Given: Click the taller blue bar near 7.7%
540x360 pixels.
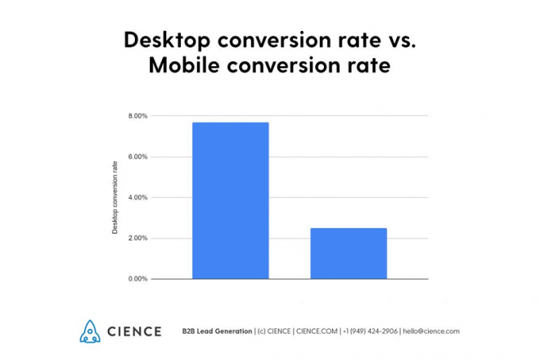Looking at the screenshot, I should pyautogui.click(x=230, y=200).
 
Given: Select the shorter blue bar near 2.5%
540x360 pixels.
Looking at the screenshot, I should pyautogui.click(x=349, y=254).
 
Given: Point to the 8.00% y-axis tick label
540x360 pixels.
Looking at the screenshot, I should pyautogui.click(x=137, y=116).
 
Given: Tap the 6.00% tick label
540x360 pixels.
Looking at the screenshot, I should pyautogui.click(x=137, y=157).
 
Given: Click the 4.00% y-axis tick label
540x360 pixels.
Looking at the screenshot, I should pyautogui.click(x=137, y=197).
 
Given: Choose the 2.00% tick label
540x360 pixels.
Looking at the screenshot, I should pyautogui.click(x=137, y=238).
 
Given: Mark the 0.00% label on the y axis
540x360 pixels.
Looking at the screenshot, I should pyautogui.click(x=137, y=279).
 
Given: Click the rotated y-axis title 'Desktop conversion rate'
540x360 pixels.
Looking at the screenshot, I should pyautogui.click(x=115, y=197).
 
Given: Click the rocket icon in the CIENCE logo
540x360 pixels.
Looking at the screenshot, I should pyautogui.click(x=89, y=331).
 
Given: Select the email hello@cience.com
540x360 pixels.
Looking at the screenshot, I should pyautogui.click(x=431, y=331).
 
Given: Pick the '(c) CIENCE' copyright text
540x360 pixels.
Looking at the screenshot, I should pyautogui.click(x=276, y=331).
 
